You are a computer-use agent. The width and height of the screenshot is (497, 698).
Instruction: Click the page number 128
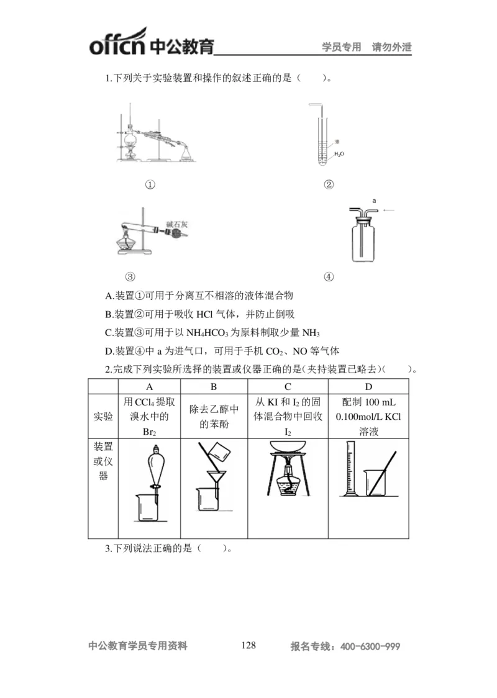[248, 645]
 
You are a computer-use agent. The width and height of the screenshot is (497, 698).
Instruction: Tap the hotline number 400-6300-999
[370, 646]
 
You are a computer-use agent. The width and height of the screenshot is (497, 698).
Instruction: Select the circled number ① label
[149, 184]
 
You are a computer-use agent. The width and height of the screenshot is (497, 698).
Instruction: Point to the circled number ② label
[329, 184]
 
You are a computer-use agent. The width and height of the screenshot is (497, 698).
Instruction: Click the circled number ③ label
[130, 276]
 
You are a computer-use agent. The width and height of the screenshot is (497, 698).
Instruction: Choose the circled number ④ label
[329, 276]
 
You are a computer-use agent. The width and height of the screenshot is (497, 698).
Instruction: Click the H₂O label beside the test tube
[339, 153]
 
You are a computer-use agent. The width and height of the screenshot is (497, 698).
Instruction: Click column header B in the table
[214, 386]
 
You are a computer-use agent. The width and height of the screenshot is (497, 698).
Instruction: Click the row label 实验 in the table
[103, 416]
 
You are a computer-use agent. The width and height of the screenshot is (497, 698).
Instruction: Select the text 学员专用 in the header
[341, 47]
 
